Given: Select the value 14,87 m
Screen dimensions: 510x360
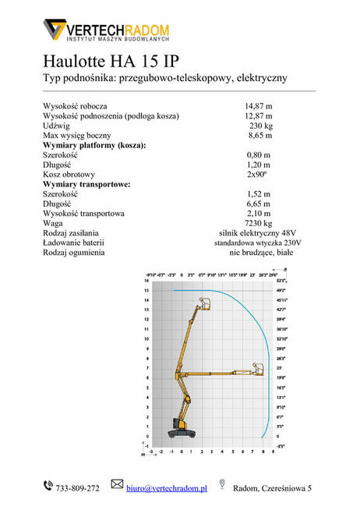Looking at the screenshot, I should pyautogui.click(x=258, y=105).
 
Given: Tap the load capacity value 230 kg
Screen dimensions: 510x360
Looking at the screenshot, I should pyautogui.click(x=260, y=126).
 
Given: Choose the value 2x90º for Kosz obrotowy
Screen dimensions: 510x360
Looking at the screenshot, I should pyautogui.click(x=258, y=174).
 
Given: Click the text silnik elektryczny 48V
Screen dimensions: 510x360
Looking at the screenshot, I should pyautogui.click(x=258, y=233).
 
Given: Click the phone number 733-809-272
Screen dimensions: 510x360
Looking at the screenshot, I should pyautogui.click(x=77, y=488).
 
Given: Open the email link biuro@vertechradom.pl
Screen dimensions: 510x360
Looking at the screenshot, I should pyautogui.click(x=166, y=488).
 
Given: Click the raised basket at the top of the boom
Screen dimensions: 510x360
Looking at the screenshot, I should pyautogui.click(x=206, y=303).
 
